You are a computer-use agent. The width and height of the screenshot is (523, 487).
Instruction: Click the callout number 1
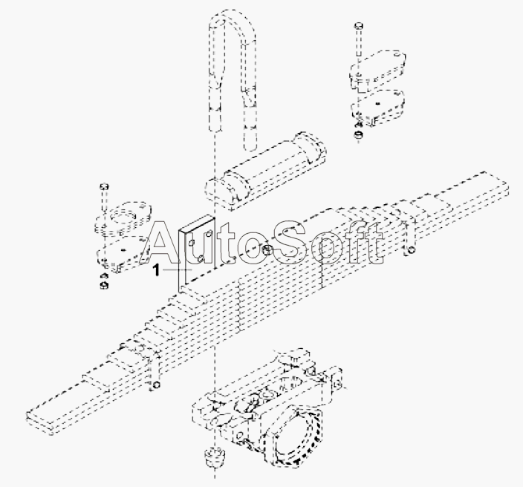(x=157, y=269)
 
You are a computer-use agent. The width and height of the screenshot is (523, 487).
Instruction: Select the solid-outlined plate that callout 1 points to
(x=197, y=253)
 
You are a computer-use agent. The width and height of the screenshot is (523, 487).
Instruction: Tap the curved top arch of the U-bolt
(x=232, y=20)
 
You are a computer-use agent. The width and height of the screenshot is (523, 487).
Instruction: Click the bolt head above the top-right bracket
(x=359, y=26)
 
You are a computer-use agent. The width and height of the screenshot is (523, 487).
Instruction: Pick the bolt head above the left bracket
(x=104, y=186)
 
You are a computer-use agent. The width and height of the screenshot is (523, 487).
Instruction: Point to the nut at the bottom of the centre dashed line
(x=214, y=457)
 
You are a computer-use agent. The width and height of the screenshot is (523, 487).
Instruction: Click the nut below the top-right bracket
(x=359, y=134)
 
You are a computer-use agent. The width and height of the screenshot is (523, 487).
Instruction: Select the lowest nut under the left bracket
(x=104, y=285)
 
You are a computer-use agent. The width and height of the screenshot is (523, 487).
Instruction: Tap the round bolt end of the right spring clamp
(x=412, y=250)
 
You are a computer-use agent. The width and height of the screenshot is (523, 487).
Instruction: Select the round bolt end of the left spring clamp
(x=156, y=385)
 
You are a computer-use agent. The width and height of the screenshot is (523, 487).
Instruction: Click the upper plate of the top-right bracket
(x=377, y=69)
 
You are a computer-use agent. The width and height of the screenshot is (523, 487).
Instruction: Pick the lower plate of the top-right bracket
(x=377, y=107)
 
